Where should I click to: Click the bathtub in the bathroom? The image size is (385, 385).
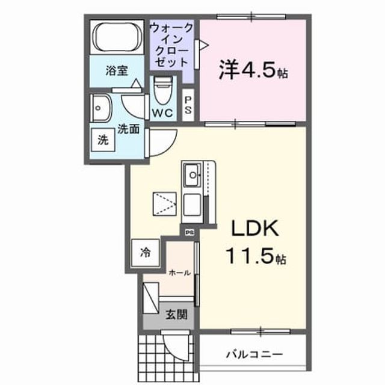point(117,37)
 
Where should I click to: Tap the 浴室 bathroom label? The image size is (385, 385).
point(117,70)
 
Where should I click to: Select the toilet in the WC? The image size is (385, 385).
point(163,90)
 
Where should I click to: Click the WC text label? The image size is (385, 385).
point(162,113)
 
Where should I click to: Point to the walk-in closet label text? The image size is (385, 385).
point(171,45)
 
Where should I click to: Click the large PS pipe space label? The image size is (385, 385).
point(188,105)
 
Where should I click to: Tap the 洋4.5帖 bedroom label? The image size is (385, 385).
point(253,70)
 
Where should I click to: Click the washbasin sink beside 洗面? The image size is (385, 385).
point(101,108)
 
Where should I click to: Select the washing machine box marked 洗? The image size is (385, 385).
point(103,140)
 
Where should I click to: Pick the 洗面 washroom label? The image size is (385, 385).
point(128,129)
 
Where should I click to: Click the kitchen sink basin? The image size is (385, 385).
point(192,175)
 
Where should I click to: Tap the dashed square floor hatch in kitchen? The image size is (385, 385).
point(164,204)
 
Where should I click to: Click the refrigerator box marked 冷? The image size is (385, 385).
point(145,253)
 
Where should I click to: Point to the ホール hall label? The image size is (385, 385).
point(180,273)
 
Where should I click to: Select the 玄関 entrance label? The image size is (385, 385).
point(176,315)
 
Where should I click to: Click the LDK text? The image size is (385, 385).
point(255,228)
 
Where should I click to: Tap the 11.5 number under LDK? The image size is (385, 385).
point(250,256)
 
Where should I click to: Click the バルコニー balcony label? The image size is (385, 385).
point(254,354)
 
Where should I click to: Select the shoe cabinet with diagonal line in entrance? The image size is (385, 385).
point(151,298)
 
